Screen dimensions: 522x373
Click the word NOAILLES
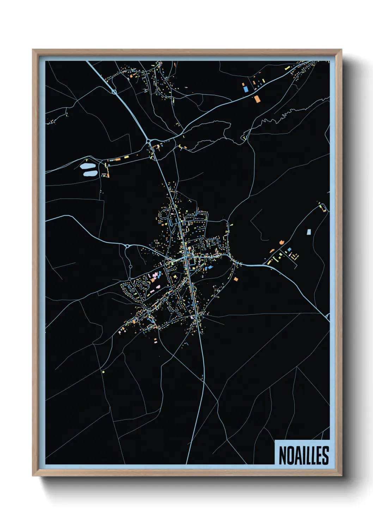[304, 455]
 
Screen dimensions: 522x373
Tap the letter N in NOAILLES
[282, 455]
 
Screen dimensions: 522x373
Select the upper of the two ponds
[86, 166]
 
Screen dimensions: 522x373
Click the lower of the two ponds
[90, 173]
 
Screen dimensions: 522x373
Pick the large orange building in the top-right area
[257, 99]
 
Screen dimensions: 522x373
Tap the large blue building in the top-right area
[246, 89]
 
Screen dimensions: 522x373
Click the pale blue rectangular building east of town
[309, 232]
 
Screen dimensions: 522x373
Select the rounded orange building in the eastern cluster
[281, 242]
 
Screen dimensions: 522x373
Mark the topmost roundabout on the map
[114, 92]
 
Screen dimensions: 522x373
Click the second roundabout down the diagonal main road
[149, 141]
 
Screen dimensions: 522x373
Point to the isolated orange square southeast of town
[236, 279]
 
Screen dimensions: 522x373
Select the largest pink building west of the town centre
[155, 275]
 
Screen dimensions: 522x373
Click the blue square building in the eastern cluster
[289, 250]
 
